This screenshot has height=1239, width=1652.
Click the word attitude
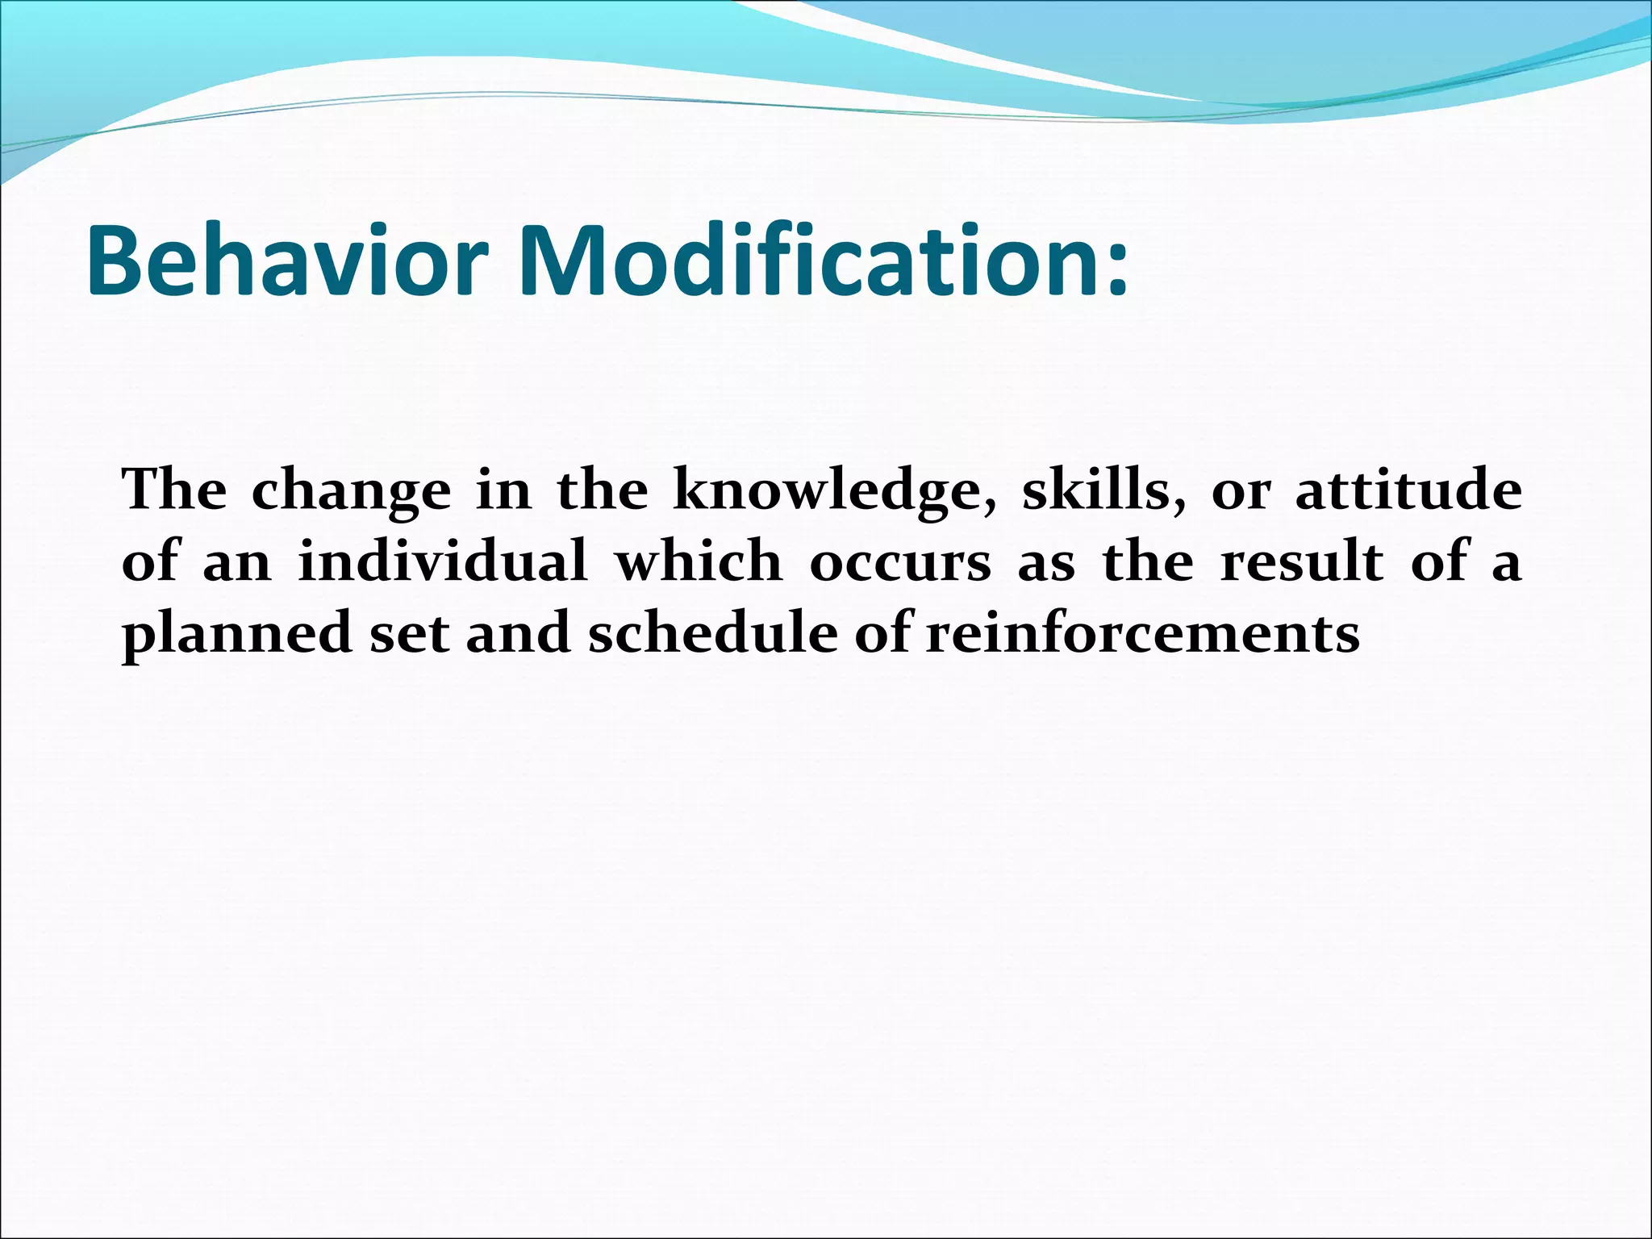(x=1408, y=490)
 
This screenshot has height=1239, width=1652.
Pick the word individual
(x=443, y=561)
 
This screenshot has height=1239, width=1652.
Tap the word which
(x=699, y=561)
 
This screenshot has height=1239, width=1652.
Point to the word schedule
(x=713, y=632)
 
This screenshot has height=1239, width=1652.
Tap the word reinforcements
(x=1142, y=632)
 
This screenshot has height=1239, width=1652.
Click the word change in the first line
(x=351, y=491)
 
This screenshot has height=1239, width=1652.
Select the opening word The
(x=174, y=490)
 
